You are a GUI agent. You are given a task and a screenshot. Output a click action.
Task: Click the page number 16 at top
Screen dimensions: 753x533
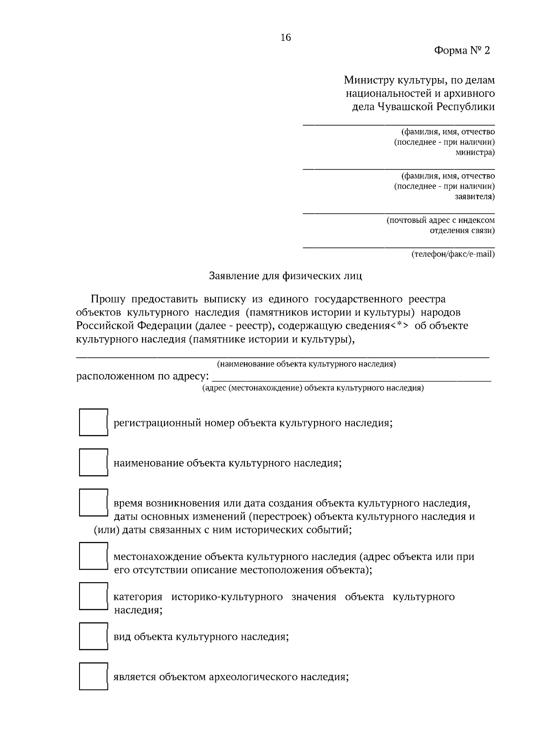click(x=286, y=38)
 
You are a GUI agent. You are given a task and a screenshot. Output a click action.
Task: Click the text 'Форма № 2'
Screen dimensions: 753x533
click(x=461, y=51)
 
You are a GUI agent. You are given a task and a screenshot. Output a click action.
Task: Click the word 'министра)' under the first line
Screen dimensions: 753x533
click(x=475, y=153)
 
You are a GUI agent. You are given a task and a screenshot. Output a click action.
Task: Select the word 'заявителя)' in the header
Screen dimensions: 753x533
click(x=474, y=197)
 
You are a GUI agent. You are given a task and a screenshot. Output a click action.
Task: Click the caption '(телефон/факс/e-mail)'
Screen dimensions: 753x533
click(x=453, y=254)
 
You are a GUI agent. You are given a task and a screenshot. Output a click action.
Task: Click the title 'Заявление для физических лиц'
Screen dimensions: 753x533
click(x=286, y=276)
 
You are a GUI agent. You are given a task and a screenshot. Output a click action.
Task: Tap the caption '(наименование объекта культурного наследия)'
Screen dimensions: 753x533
click(x=306, y=364)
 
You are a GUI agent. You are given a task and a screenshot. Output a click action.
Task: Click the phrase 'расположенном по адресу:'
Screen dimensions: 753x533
click(x=143, y=377)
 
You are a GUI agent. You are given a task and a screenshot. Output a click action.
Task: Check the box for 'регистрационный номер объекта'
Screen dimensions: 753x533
click(x=93, y=422)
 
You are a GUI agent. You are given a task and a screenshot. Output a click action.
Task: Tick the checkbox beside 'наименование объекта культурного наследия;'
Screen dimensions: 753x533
click(x=93, y=462)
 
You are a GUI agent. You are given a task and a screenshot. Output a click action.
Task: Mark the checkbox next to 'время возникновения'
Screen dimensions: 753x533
click(x=93, y=502)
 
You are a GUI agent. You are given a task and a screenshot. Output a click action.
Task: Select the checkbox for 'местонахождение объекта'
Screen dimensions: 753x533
click(x=93, y=556)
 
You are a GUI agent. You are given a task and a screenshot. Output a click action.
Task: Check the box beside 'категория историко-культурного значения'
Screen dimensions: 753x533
click(x=93, y=596)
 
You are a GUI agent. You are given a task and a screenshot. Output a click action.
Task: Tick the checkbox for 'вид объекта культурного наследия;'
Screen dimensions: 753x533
click(x=93, y=636)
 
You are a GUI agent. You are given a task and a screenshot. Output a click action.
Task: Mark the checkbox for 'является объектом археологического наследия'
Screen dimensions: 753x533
click(x=93, y=676)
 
